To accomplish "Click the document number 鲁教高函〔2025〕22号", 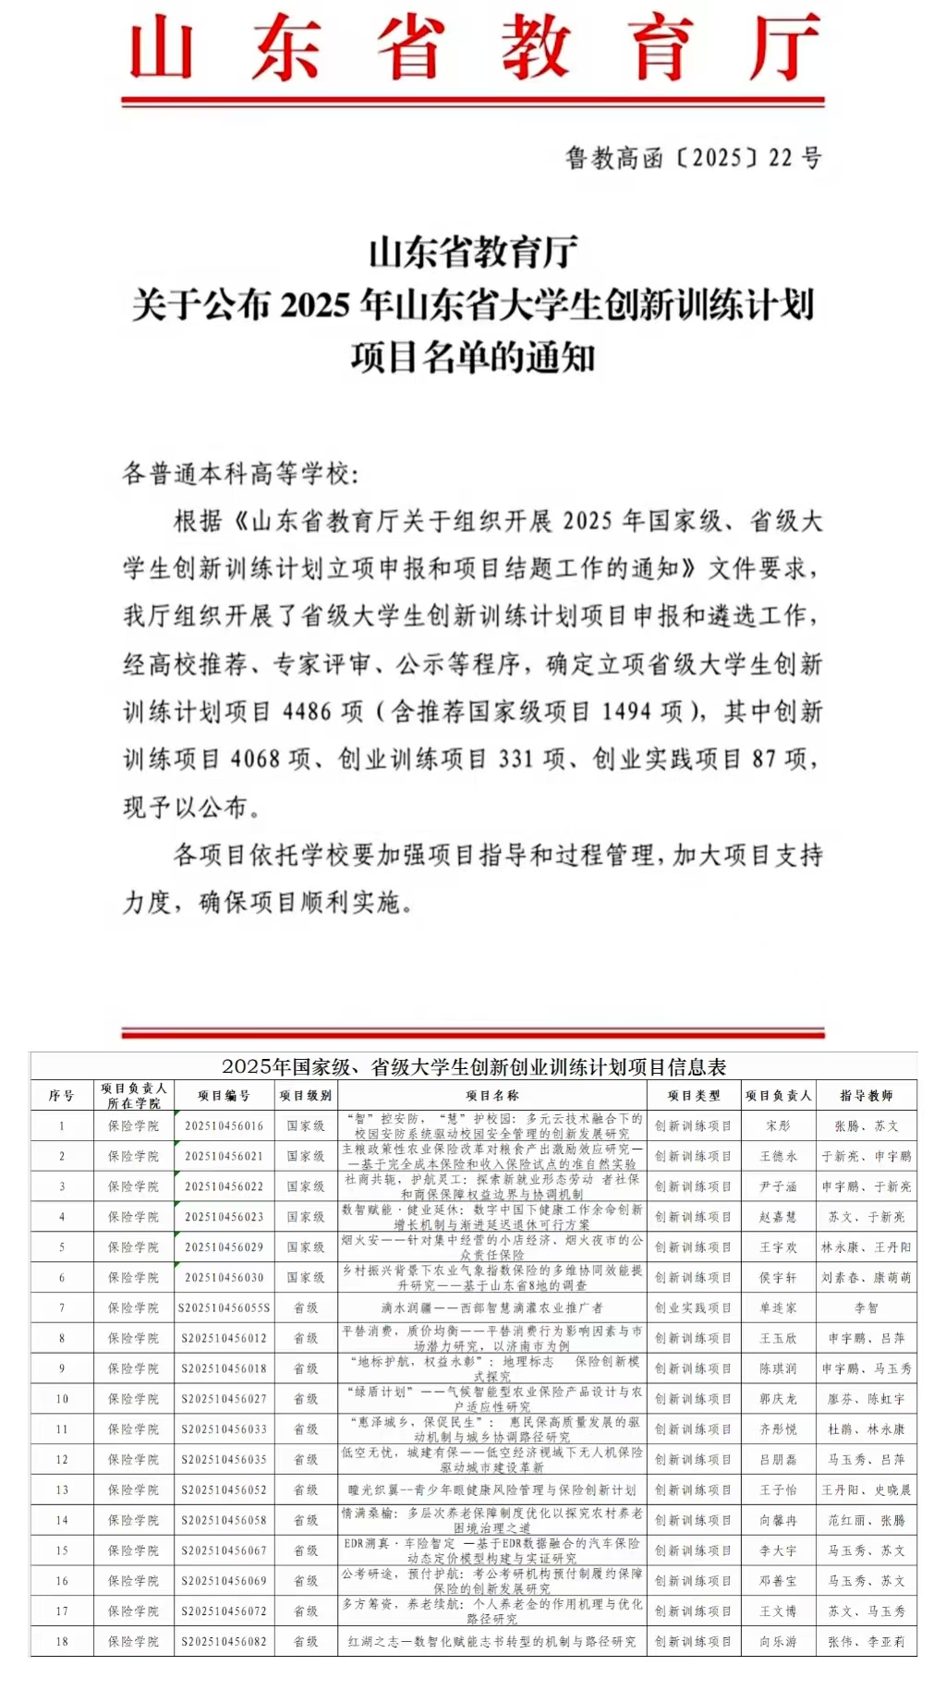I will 693,158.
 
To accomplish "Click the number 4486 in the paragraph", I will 307,711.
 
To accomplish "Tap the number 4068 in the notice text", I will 254,760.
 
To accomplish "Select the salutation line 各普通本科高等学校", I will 240,474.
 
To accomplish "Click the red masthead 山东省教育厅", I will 473,48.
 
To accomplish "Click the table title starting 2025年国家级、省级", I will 473,1067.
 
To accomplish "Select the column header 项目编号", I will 224,1096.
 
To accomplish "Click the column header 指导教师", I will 866,1096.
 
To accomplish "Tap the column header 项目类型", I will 694,1096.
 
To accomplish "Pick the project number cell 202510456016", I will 224,1126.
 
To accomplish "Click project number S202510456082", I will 224,1642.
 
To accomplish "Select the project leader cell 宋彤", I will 778,1126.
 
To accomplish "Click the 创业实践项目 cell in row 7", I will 694,1308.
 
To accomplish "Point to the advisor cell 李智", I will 866,1308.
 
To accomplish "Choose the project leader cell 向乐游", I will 778,1642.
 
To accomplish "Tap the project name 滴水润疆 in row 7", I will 491,1308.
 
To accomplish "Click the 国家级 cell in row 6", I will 306,1278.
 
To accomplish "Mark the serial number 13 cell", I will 62,1490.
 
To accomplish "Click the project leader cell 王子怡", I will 778,1490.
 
